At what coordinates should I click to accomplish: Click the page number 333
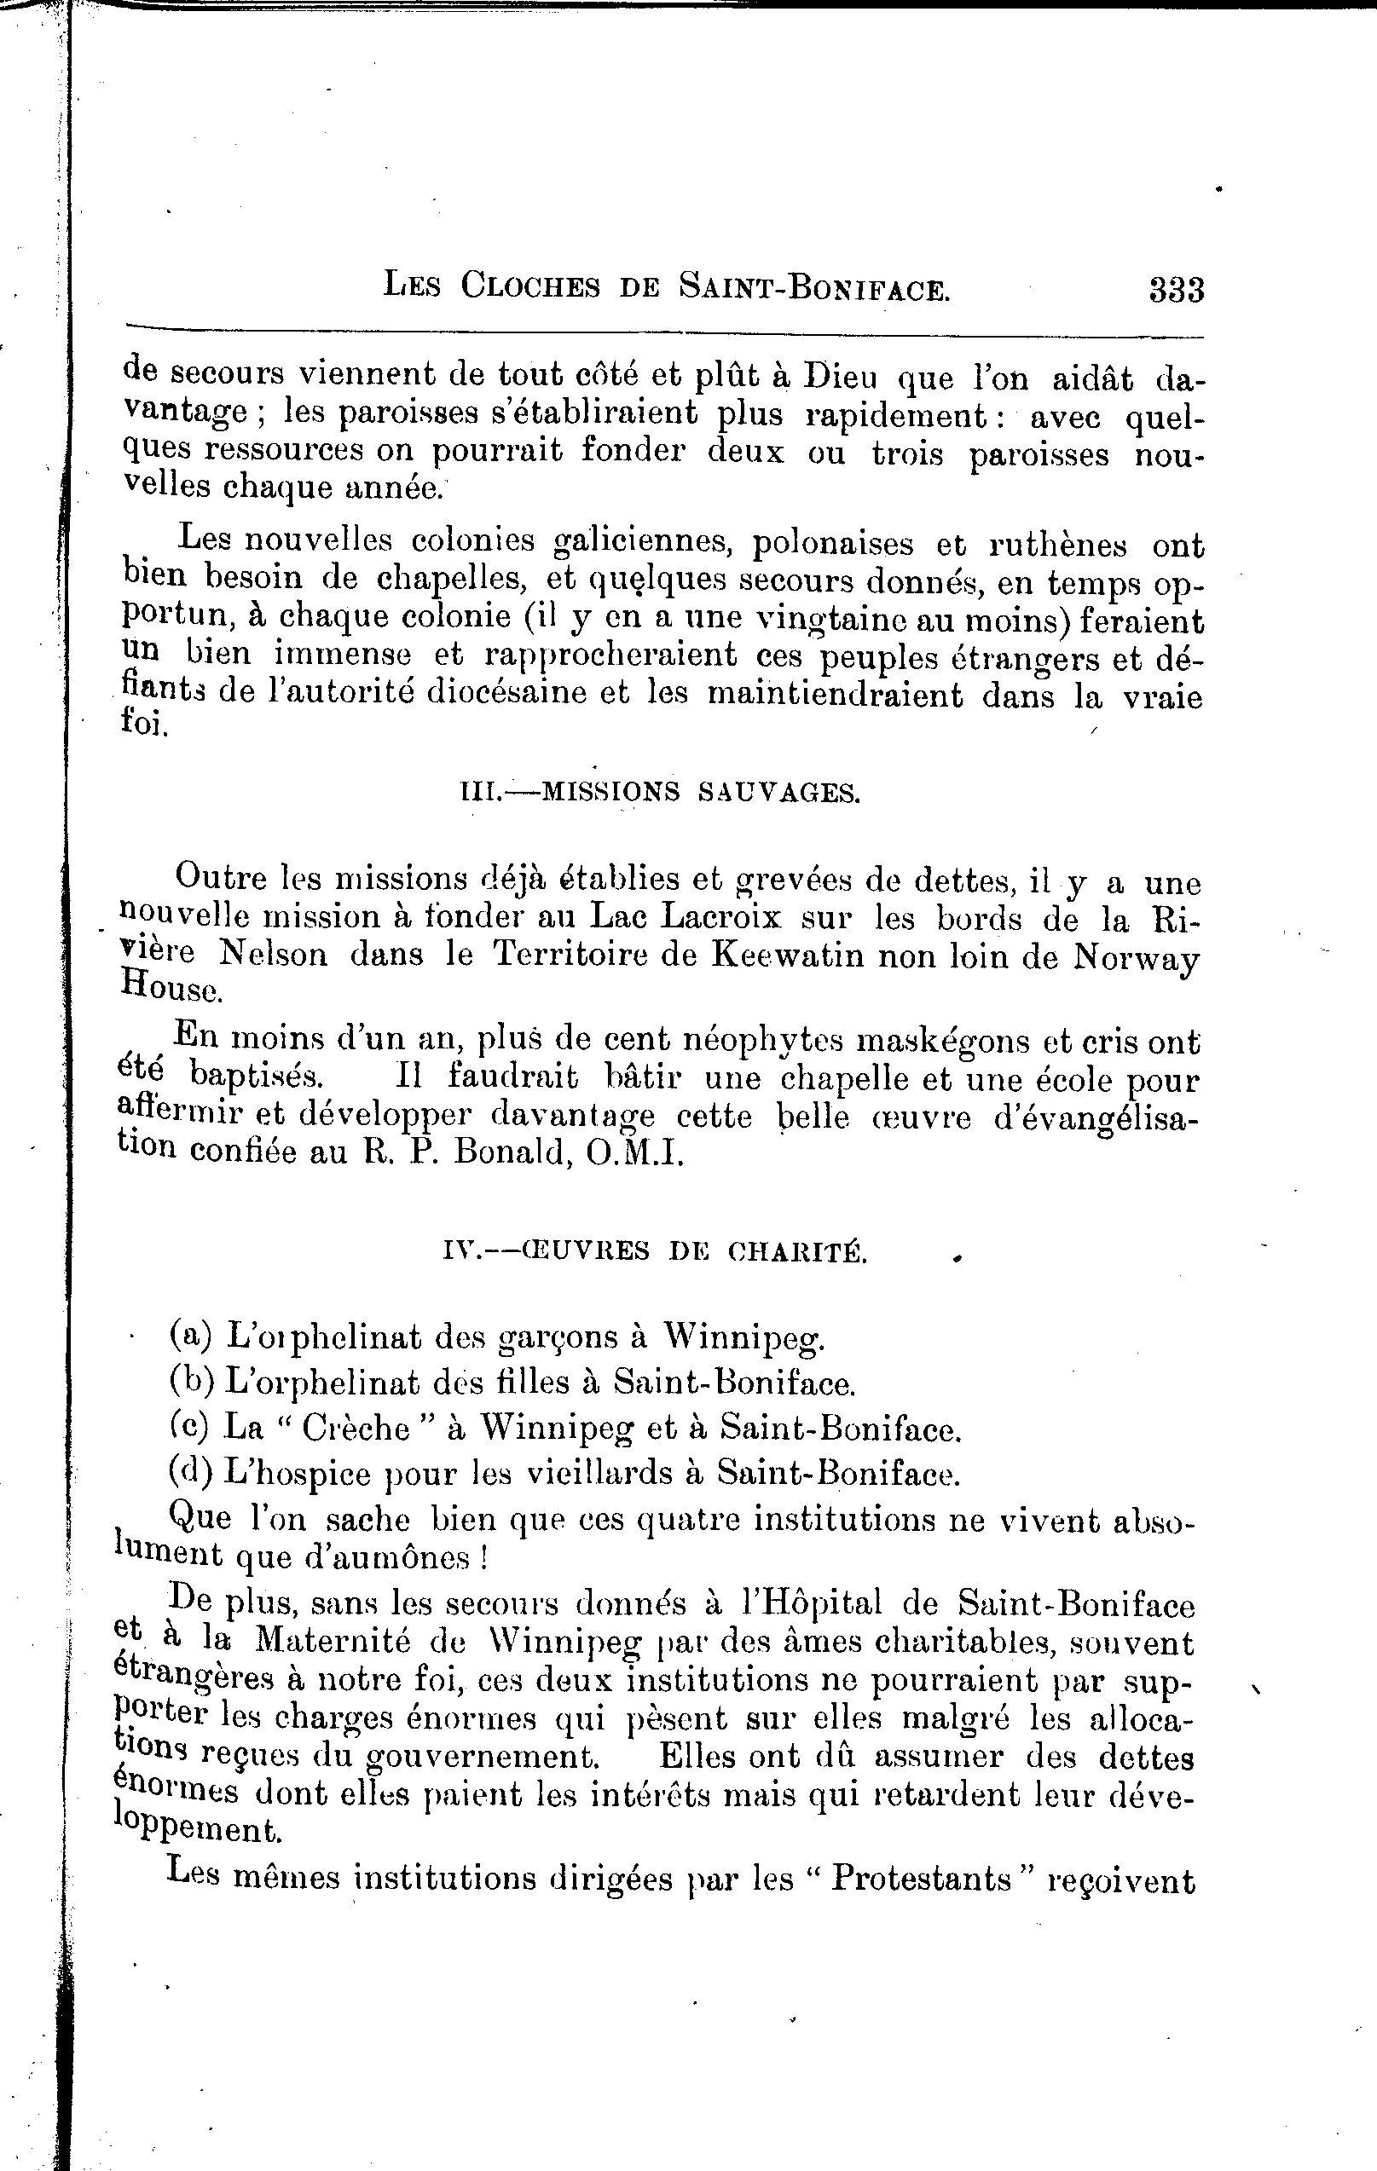tap(1175, 291)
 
